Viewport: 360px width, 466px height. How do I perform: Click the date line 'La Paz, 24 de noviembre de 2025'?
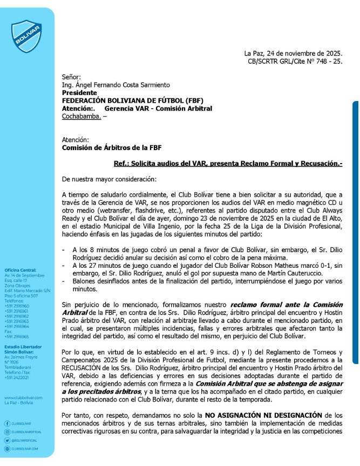coord(293,53)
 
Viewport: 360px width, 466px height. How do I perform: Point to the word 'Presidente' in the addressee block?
coord(79,93)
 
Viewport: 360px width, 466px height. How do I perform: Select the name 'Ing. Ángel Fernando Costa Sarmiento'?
coord(116,85)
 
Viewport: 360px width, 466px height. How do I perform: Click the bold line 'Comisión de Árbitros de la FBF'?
coord(112,147)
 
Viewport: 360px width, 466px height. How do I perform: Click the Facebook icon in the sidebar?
coord(6,423)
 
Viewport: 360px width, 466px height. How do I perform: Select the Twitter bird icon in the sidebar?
coord(6,441)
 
